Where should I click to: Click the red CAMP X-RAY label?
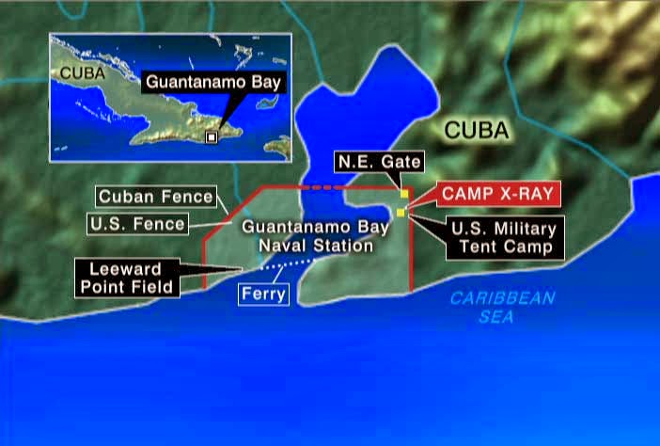tap(499, 195)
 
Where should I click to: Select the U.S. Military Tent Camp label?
tap(503, 238)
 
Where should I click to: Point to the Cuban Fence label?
tap(155, 198)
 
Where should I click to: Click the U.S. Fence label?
tap(138, 224)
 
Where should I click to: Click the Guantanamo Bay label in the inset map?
tap(214, 83)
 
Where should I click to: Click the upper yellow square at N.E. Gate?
tap(405, 193)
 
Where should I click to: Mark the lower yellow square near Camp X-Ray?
tap(401, 213)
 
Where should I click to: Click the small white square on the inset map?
tap(212, 137)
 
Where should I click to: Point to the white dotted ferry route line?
tap(287, 266)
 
